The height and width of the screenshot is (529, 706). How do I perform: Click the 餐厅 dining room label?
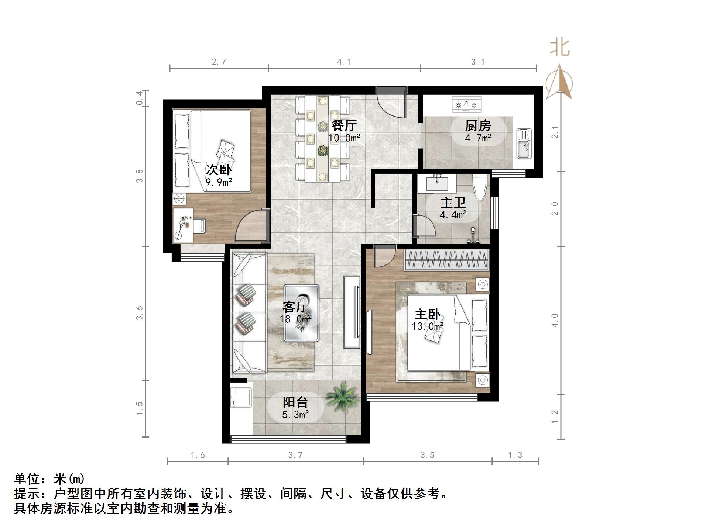344,125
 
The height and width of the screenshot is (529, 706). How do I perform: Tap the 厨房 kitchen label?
478,126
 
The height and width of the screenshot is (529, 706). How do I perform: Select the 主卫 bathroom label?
453,203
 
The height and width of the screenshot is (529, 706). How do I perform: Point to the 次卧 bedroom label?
219,170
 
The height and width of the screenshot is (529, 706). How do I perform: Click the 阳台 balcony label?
295,402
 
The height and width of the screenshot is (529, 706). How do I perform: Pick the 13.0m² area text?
428,326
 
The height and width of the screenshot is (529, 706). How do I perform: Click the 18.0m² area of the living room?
295,318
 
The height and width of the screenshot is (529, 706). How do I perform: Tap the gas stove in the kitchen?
467,104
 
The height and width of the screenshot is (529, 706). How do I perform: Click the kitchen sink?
524,144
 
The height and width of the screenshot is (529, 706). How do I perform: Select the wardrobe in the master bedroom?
447,260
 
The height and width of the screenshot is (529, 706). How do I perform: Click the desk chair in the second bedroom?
199,225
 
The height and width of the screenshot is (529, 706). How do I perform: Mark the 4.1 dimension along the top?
344,62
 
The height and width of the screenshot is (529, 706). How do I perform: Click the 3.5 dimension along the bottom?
427,455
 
